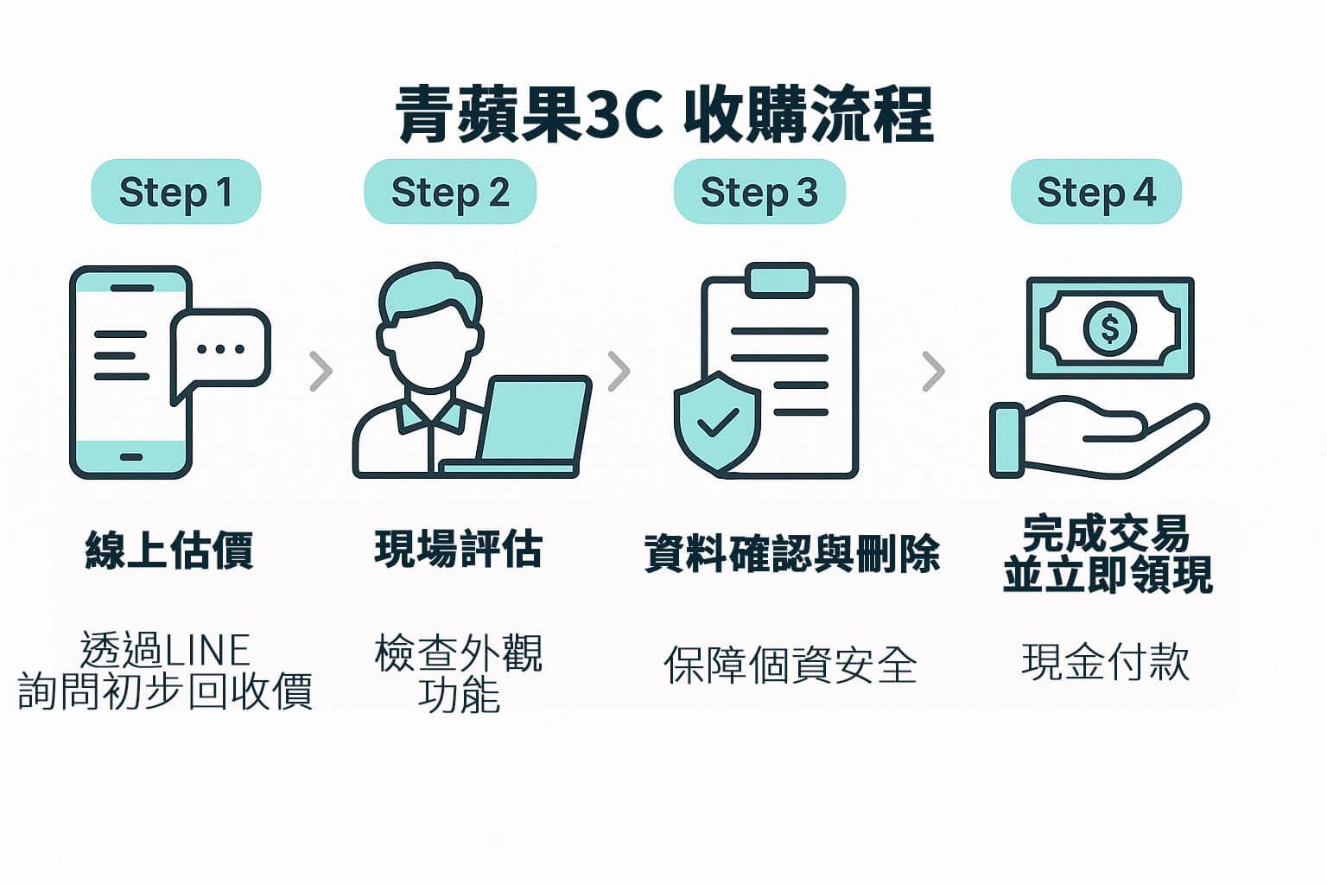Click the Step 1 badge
tap(176, 192)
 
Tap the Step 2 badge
tap(450, 192)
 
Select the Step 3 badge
tap(759, 192)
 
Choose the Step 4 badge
tap(1095, 192)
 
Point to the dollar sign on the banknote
tap(1110, 328)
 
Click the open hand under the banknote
tap(1098, 440)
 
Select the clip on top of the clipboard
tap(780, 280)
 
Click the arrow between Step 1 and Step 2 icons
tap(321, 372)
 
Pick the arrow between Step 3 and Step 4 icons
tap(933, 372)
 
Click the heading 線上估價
tap(169, 550)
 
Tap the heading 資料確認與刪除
tap(791, 553)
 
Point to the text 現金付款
tap(1106, 663)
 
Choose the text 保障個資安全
tap(790, 665)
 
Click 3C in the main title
tap(625, 114)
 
